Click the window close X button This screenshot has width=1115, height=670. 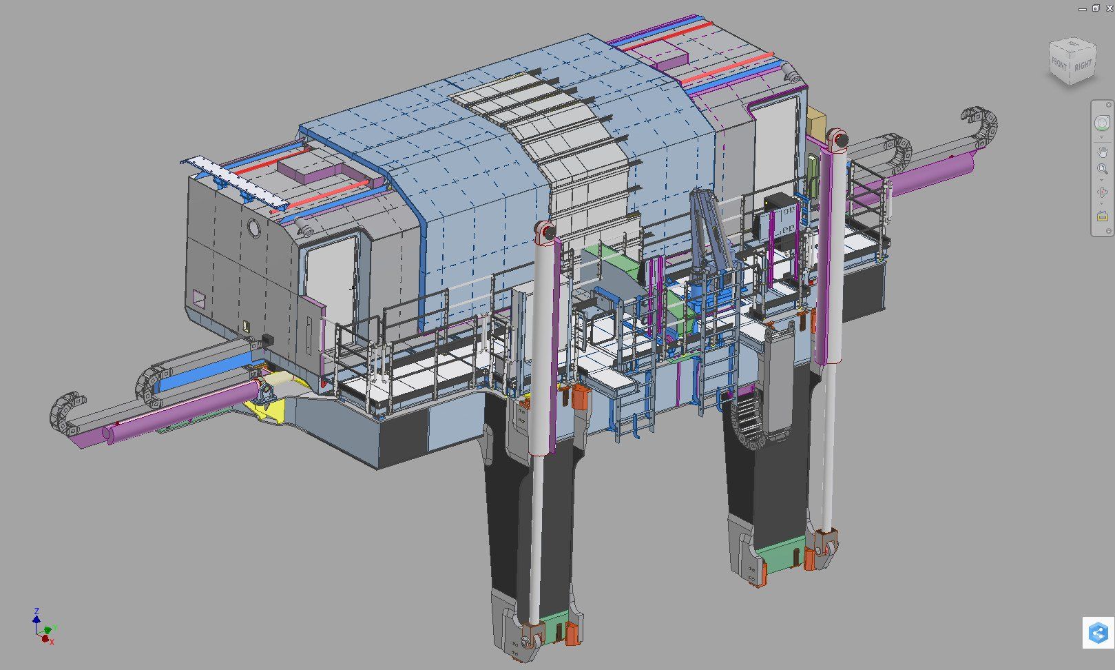point(1109,8)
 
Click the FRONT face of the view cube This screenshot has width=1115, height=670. point(1059,65)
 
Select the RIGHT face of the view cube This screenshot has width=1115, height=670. point(1083,65)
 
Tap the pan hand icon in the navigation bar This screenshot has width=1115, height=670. point(1102,152)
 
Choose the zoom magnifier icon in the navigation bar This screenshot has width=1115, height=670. point(1101,169)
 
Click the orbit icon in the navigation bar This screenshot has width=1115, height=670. point(1102,192)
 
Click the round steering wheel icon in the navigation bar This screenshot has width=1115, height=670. point(1102,123)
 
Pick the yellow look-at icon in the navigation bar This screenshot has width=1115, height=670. point(1102,216)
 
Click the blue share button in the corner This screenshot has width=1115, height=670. point(1098,633)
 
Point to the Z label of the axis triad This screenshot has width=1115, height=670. point(37,611)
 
